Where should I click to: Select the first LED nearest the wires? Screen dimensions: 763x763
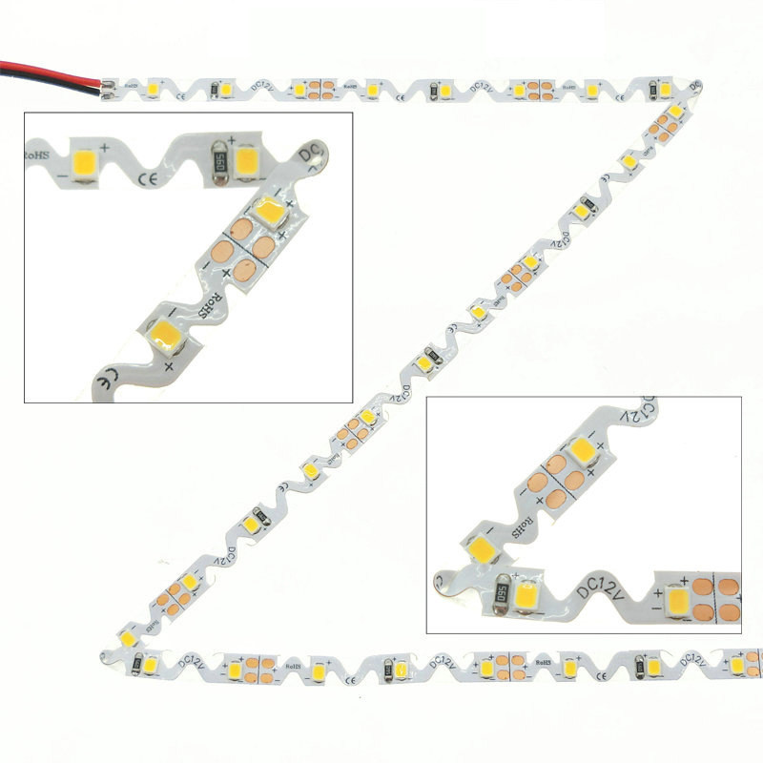pyautogui.click(x=153, y=90)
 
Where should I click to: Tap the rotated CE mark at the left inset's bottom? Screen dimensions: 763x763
pyautogui.click(x=107, y=381)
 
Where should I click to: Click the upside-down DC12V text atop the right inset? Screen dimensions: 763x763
pyautogui.click(x=644, y=412)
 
